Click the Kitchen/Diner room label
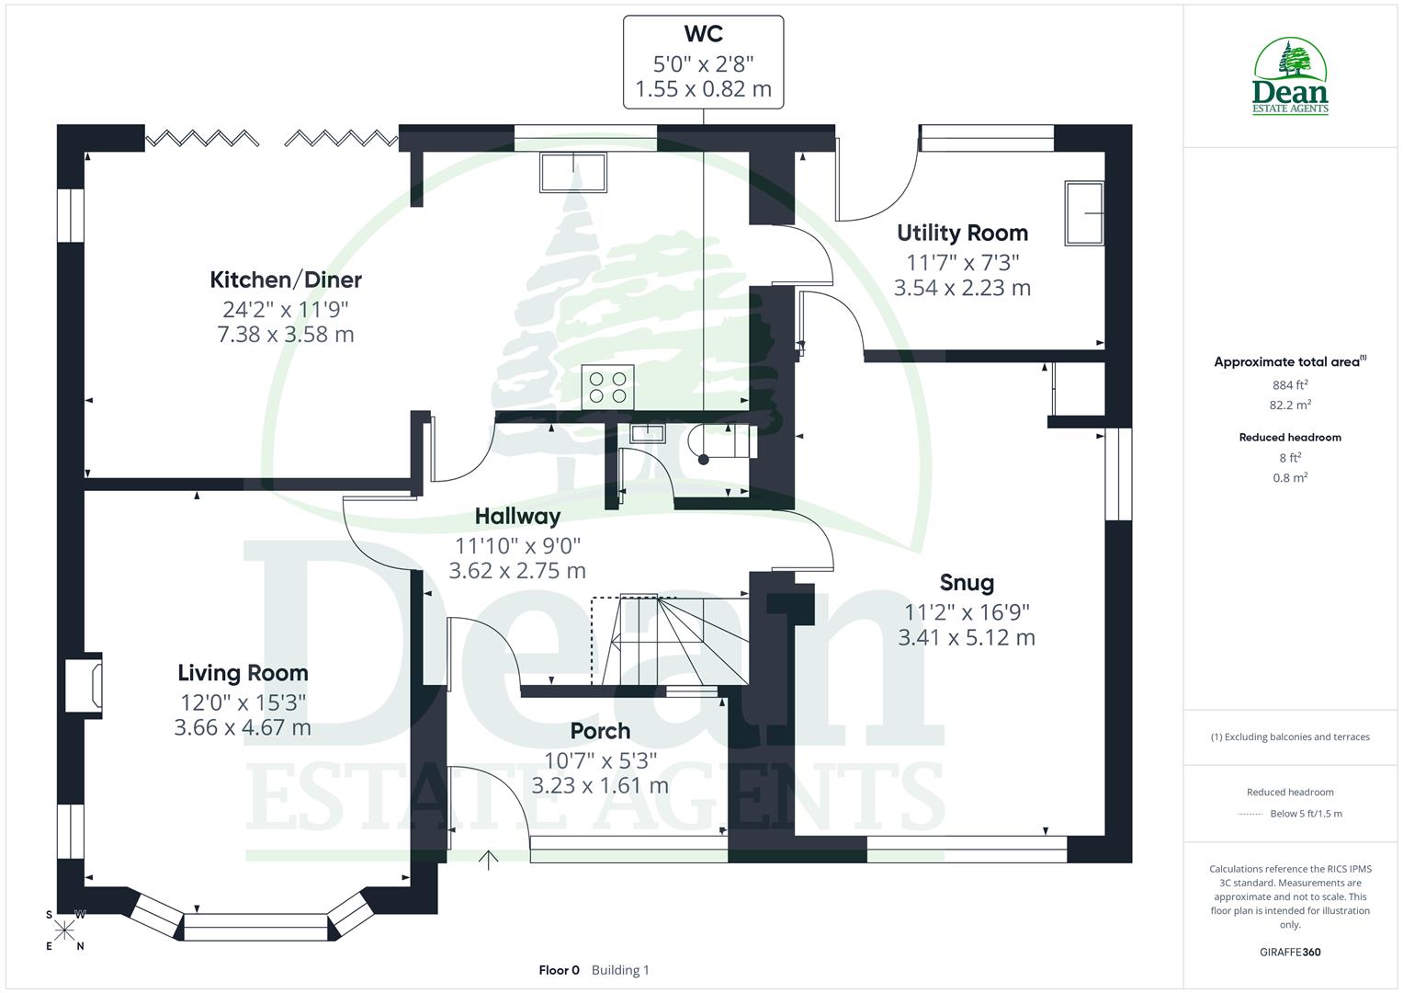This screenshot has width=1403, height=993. coord(286,280)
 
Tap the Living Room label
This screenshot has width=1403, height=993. coord(243,673)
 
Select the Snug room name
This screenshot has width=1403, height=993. coord(967,583)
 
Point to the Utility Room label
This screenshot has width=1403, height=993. coord(962,233)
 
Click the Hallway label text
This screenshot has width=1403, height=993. coord(517,517)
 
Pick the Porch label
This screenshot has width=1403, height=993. coord(600,731)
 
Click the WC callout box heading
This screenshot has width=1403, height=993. coord(703,34)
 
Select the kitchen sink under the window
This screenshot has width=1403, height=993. coord(573,173)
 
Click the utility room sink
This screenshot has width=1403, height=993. coord(1084,213)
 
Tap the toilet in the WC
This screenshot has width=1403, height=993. coord(726,442)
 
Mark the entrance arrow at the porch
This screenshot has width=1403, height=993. coord(488,860)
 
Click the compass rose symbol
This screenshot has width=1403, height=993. coord(64,930)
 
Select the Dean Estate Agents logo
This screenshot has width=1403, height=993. coord(1290,77)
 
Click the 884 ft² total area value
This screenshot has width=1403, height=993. coord(1290,385)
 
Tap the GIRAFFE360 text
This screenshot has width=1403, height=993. coord(1290,953)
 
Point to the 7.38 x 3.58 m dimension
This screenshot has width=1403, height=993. coord(286,335)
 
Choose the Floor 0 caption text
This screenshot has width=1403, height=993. coord(559,970)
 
